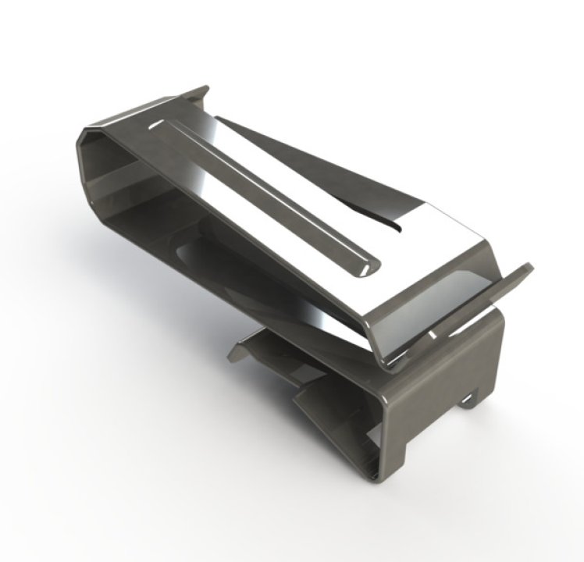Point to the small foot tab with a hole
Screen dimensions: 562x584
pyautogui.click(x=469, y=400)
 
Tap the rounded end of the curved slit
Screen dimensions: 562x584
pyautogui.click(x=398, y=226)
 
